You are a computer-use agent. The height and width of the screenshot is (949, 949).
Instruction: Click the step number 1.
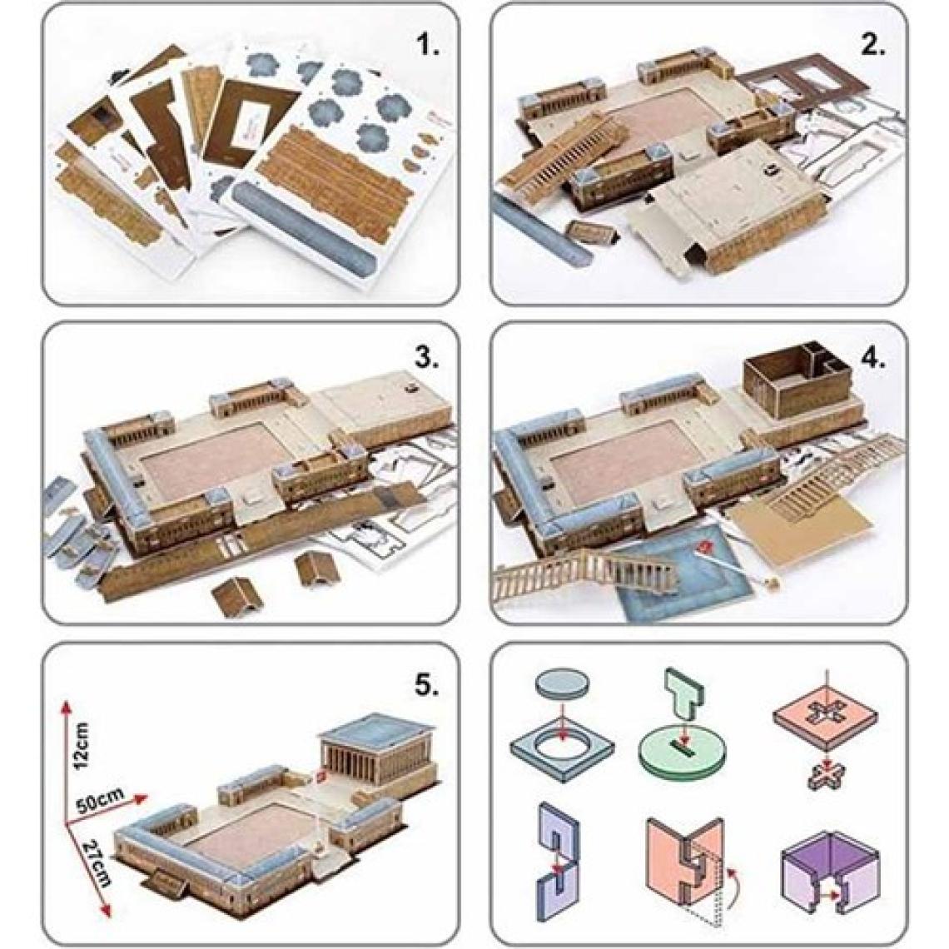429,45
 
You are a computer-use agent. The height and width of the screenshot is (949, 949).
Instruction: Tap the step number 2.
872,45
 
